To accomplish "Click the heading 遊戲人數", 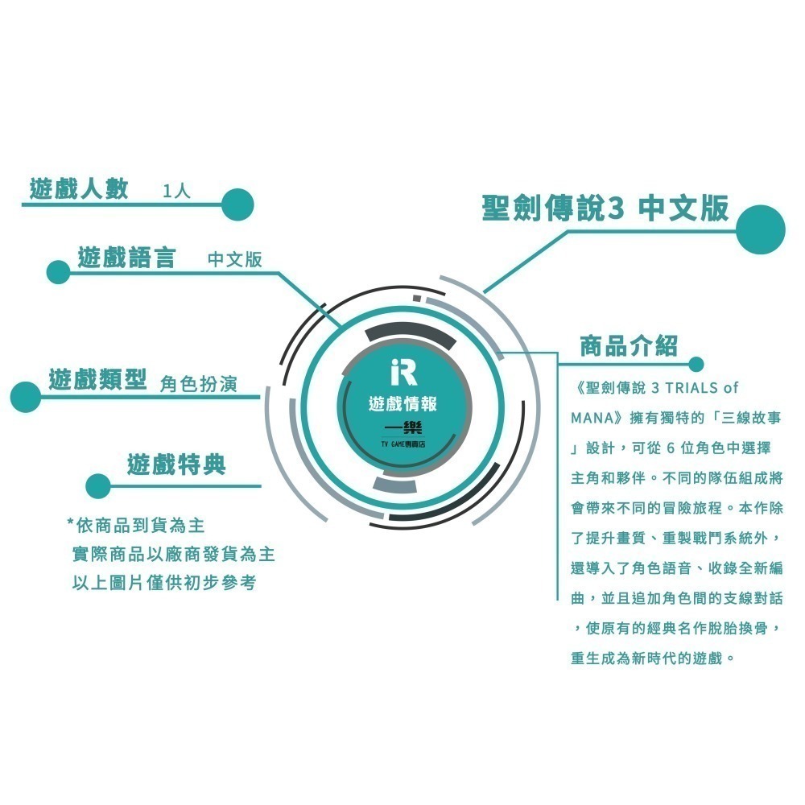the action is point(79,189).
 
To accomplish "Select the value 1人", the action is point(176,192).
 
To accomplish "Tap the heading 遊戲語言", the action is point(127,258).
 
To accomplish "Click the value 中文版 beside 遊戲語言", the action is point(234,259).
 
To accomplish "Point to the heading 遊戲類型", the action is point(97,379).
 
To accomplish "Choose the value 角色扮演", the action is point(199,383).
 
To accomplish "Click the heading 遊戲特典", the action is point(176,464).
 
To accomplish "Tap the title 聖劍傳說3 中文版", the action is point(606,208).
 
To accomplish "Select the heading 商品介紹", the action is point(629,346).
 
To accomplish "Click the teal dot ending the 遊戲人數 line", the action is point(237,204).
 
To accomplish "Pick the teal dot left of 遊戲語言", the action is point(58,272).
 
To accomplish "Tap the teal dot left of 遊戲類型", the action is point(26,397).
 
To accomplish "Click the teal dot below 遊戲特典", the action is point(98,486).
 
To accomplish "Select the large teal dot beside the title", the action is point(761,229).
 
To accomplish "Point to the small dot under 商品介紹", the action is point(696,365).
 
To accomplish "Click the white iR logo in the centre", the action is point(403,372).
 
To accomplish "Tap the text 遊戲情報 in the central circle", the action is point(402,404).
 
